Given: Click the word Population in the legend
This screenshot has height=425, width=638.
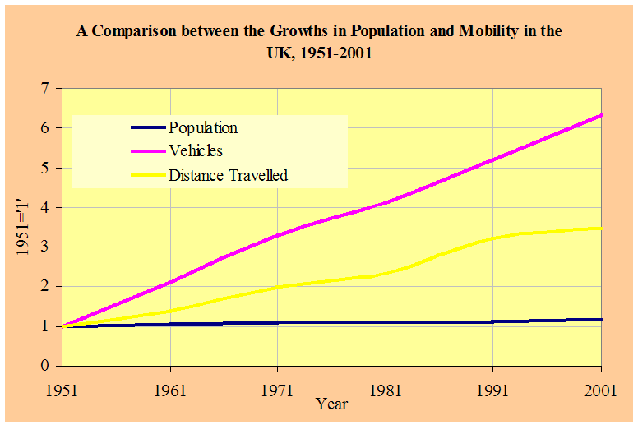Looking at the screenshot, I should point(203,127).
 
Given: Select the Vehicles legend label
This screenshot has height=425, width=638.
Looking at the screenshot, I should point(196,150).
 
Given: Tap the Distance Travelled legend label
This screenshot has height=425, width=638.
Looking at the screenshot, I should point(228,174).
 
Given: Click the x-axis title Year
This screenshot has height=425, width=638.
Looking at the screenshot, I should point(332,404).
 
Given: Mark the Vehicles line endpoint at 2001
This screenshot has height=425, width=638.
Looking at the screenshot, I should point(601,115).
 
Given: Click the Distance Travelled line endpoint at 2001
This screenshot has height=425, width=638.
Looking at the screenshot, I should point(601,228).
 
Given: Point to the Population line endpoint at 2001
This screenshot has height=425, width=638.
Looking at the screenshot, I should point(601,319).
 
